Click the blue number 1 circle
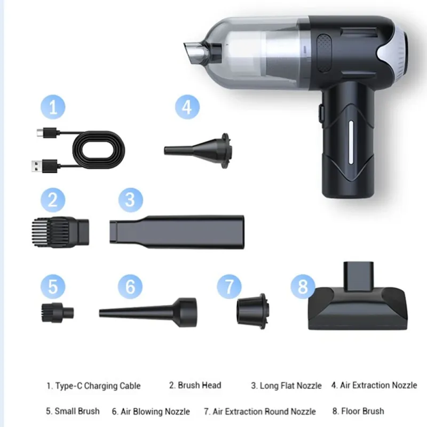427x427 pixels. (53, 107)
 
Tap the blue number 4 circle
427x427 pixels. (187, 107)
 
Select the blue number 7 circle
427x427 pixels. (229, 287)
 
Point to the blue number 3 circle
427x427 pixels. (130, 200)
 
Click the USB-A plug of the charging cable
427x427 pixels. (45, 166)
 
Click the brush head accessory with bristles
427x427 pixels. (60, 232)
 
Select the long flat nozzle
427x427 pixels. (177, 232)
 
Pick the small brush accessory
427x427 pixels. (58, 312)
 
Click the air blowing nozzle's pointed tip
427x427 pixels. (100, 313)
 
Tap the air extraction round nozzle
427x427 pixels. (252, 311)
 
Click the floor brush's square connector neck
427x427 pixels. (358, 276)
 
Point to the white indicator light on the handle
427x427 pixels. (351, 143)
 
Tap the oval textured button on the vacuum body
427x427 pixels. (324, 53)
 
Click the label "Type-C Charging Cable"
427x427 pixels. (98, 386)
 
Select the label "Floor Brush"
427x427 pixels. (362, 411)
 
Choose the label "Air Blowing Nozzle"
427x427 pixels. (155, 412)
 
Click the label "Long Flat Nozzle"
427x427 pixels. (290, 385)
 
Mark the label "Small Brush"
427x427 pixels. (77, 411)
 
